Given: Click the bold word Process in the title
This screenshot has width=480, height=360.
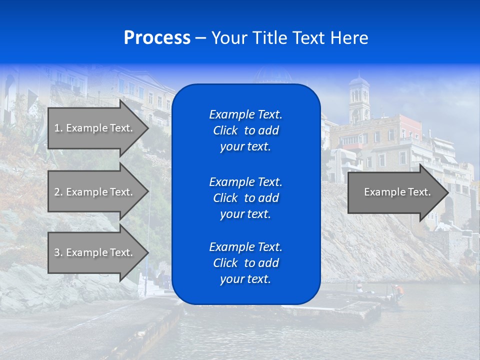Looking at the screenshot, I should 157,38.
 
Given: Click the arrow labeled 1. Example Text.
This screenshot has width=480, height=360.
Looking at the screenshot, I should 95,128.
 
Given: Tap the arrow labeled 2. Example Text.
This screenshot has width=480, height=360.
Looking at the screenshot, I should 95,192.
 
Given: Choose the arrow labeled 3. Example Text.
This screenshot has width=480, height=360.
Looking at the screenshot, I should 95,252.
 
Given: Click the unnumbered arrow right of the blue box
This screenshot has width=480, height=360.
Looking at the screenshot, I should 395,192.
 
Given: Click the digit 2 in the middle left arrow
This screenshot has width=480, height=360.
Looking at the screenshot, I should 57,192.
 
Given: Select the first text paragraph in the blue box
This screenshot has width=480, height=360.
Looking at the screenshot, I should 245,130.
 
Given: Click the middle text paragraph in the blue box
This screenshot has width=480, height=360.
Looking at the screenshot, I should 245,198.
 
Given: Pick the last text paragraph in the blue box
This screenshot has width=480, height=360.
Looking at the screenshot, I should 245,263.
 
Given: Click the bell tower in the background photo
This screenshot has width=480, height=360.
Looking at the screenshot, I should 359,100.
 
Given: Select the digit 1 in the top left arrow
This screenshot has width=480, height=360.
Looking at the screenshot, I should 56,128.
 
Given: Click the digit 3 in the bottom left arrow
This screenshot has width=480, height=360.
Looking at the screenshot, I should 57,252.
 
